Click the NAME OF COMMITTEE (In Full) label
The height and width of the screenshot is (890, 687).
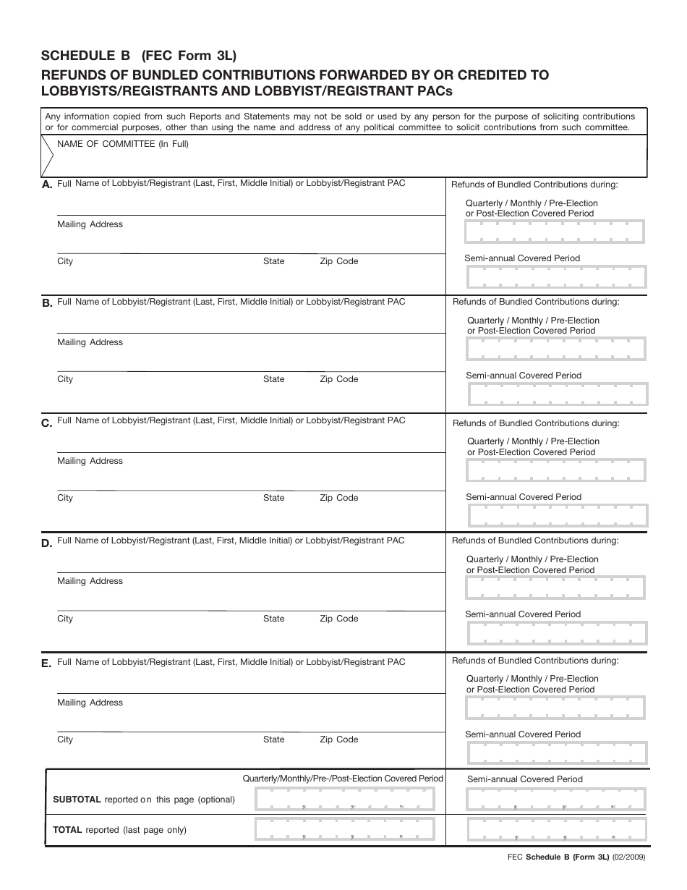coord(123,144)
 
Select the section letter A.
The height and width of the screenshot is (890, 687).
coord(47,185)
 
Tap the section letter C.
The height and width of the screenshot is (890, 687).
coord(47,423)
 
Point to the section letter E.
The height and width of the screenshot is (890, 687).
coord(47,664)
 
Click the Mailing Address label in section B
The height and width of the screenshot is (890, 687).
coord(90,342)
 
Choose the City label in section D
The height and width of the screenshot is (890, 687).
coord(65,619)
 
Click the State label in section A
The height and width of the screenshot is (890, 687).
coord(274,261)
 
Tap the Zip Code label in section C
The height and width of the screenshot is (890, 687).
coord(339,498)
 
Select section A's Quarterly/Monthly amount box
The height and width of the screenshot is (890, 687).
coord(555,232)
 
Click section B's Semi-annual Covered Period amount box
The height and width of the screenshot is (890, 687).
coord(558,394)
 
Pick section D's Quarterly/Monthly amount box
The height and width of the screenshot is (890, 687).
coord(555,588)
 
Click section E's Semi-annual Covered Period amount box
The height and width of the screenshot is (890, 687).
coord(557,753)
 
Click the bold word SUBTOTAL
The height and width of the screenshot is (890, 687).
coord(77,800)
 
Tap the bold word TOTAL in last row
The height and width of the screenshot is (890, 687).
coord(68,830)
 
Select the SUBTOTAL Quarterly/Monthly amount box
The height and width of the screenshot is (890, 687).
coord(345,800)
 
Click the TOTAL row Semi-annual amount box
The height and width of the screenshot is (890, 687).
coord(557,829)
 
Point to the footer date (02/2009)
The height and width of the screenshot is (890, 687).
coord(629,857)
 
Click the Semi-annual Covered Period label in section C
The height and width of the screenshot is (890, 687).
coord(524,497)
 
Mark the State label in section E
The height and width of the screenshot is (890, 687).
coord(274,739)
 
